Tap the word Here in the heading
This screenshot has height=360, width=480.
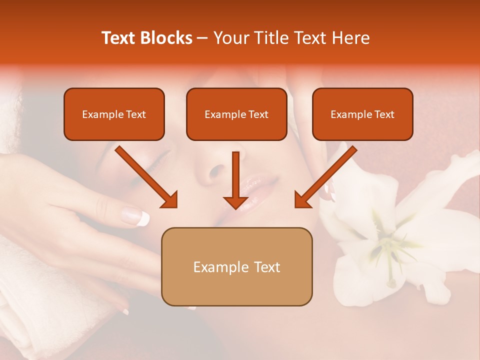[x=350, y=38]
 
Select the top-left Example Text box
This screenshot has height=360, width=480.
[x=114, y=114]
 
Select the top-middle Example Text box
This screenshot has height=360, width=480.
[x=236, y=114]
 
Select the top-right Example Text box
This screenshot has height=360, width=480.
[x=362, y=114]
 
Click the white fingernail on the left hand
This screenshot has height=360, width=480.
[x=143, y=217]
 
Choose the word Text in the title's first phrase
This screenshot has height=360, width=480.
[x=119, y=38]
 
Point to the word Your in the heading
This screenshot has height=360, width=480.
[x=229, y=38]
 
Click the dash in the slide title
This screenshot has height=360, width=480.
[x=202, y=38]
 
